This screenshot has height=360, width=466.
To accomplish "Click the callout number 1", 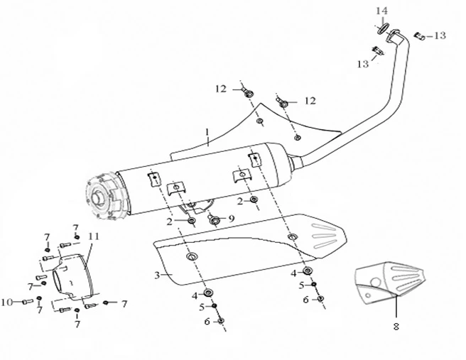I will coord(207,132).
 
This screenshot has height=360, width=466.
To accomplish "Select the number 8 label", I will coord(396,327).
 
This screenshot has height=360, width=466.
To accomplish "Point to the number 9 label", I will coord(231,217).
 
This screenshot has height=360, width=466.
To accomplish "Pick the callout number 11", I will coord(93,236).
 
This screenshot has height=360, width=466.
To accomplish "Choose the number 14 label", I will coord(382,11).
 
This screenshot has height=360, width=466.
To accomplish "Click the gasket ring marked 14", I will coord(381,28).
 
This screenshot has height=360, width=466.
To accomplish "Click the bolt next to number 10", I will coord(28,302).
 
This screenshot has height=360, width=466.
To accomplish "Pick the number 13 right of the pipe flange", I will coord(440,36).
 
